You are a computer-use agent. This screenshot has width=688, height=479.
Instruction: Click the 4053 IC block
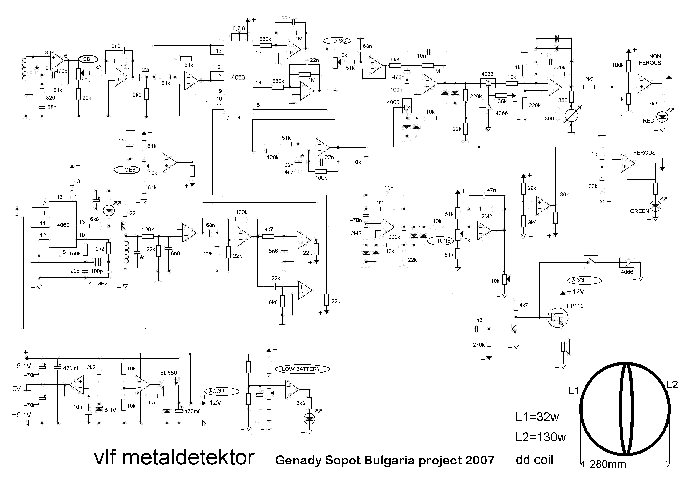[238, 77]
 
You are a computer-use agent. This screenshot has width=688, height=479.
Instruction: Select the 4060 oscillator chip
[63, 225]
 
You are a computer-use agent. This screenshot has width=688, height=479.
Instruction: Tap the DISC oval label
[337, 41]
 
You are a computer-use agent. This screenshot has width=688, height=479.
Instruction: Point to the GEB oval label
[127, 170]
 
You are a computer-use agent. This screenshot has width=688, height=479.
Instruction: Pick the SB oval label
[88, 59]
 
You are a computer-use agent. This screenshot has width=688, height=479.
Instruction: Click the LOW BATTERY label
[302, 369]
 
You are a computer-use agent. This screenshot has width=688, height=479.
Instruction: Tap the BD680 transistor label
[168, 373]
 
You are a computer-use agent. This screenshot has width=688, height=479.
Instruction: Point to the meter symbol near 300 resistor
[571, 115]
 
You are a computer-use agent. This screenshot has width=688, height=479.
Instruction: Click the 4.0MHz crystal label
[98, 284]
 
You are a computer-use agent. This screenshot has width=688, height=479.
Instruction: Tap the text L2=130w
[541, 437]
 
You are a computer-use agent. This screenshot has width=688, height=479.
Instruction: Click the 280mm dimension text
[608, 464]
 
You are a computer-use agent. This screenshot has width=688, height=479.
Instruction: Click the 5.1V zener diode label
[110, 410]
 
